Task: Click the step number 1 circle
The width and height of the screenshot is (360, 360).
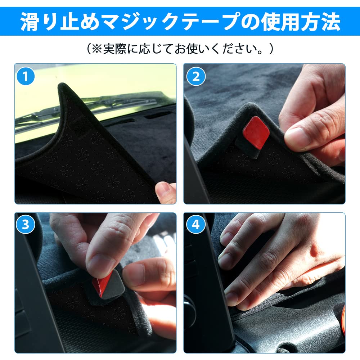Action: pyautogui.click(x=26, y=76)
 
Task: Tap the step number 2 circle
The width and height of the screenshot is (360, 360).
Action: pyautogui.click(x=196, y=76)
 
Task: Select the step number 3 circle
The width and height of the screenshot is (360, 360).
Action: pyautogui.click(x=26, y=224)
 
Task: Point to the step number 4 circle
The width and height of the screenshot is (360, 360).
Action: pyautogui.click(x=195, y=224)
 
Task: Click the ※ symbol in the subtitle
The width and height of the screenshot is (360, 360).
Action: pyautogui.click(x=97, y=49)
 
